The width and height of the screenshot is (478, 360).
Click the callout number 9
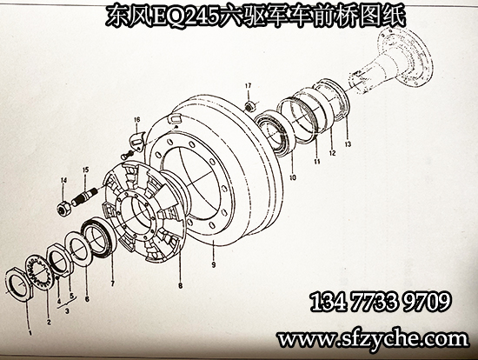[214, 264]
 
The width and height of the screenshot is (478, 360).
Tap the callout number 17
[249, 86]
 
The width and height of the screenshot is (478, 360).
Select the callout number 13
[348, 144]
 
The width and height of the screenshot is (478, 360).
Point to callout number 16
[136, 120]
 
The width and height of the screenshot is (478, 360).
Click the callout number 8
[181, 286]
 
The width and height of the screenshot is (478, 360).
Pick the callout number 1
[30, 332]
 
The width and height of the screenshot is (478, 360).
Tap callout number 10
[293, 177]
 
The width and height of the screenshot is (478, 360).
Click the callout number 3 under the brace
[67, 311]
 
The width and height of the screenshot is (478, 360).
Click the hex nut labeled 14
[64, 210]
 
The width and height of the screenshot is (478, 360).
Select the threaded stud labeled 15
[85, 197]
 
